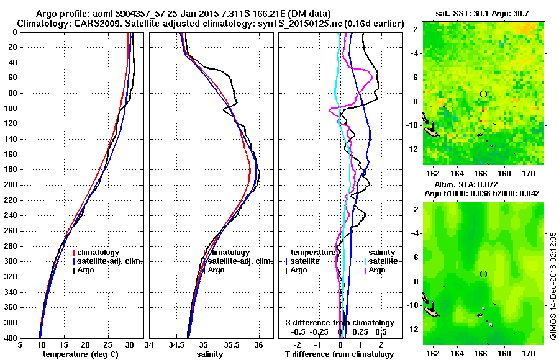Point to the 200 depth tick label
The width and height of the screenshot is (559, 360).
tap(10, 185)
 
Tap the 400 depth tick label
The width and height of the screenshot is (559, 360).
tap(10, 338)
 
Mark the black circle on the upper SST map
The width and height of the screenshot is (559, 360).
tap(483, 94)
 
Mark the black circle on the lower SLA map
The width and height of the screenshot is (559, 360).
tap(483, 274)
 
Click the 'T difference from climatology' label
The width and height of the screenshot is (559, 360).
tap(339, 354)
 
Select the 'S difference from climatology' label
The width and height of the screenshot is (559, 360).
tap(339, 323)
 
